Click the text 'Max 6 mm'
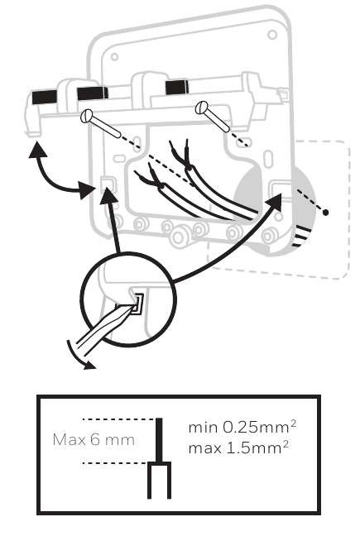pos(94,439)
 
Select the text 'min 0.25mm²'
pos(242,427)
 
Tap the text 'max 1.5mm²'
pos(238,447)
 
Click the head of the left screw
pos(87,117)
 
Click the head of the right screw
pos(201,108)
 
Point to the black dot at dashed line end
pos(325,213)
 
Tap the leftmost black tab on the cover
pos(45,97)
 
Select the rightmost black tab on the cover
pos(176,87)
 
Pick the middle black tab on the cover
pos(92,93)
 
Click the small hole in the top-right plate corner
pos(272,35)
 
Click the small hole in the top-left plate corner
pos(114,57)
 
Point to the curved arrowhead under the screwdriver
pos(90,365)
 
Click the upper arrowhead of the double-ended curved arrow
pos(37,150)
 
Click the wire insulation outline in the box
pos(159,480)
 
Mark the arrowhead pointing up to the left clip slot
pos(108,195)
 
